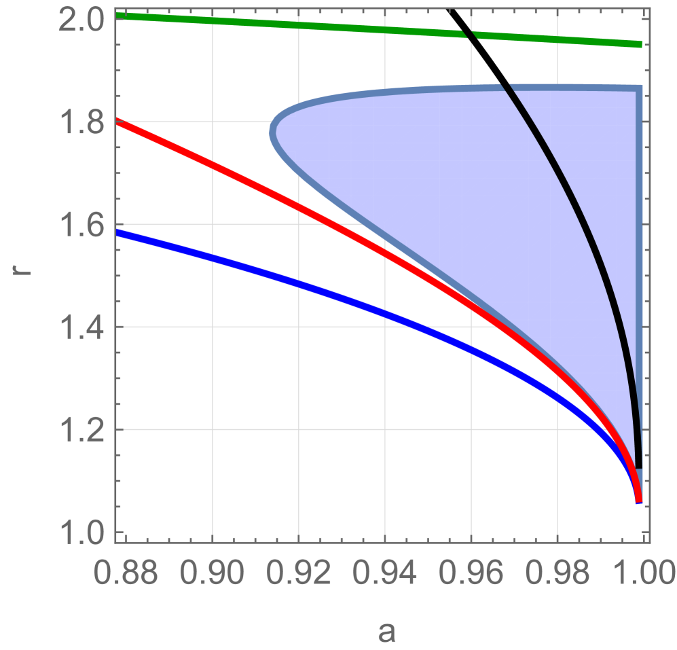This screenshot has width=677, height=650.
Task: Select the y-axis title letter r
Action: click(x=20, y=277)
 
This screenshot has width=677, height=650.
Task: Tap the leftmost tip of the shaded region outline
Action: click(x=272, y=130)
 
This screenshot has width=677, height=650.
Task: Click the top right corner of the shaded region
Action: click(x=638, y=88)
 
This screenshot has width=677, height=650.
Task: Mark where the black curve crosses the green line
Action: click(x=469, y=35)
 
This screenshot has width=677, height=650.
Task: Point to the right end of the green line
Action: click(x=640, y=45)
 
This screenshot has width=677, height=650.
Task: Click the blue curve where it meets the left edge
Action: click(x=117, y=232)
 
